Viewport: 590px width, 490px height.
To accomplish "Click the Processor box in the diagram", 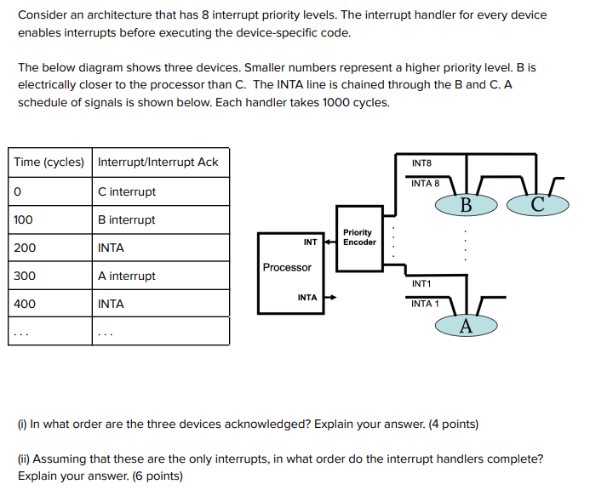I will click(x=287, y=268).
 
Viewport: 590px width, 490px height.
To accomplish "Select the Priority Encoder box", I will click(x=358, y=237).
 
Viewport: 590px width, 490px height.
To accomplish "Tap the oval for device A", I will click(x=465, y=326).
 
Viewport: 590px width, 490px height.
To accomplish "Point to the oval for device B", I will click(x=466, y=204).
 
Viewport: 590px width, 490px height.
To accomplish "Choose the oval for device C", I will click(x=537, y=204).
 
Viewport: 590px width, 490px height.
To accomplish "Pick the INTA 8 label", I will click(x=425, y=183).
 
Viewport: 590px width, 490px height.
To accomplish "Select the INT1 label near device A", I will click(x=421, y=283).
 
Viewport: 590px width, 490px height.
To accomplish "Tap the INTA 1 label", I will click(x=424, y=304).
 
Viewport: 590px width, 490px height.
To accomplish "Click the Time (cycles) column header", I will click(x=49, y=162).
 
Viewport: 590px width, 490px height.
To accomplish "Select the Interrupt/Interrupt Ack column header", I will click(x=158, y=162).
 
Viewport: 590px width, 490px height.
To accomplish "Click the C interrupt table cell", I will click(x=127, y=191).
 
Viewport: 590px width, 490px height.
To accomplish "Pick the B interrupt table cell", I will click(x=127, y=219).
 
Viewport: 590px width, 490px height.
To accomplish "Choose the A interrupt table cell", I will click(x=127, y=276).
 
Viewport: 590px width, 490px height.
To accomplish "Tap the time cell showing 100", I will click(x=24, y=219).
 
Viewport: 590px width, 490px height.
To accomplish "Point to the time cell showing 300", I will click(x=25, y=276).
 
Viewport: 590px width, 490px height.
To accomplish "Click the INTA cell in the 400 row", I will click(x=111, y=304).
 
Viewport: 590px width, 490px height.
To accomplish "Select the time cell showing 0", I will click(x=17, y=191).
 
